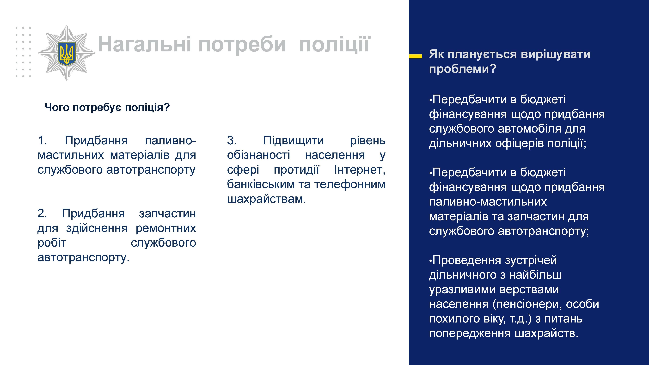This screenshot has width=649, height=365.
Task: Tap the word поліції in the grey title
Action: pos(335,44)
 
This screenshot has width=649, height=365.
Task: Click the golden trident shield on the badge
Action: pos(67,54)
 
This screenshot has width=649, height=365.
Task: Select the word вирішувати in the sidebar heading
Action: pos(556,54)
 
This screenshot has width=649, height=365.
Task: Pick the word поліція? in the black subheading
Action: pos(147,108)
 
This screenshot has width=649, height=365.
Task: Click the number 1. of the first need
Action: pos(42,140)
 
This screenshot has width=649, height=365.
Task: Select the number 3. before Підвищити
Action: pos(232,140)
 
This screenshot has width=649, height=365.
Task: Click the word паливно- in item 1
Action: pos(170,140)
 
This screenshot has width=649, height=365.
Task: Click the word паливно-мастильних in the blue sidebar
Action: pos(488,202)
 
